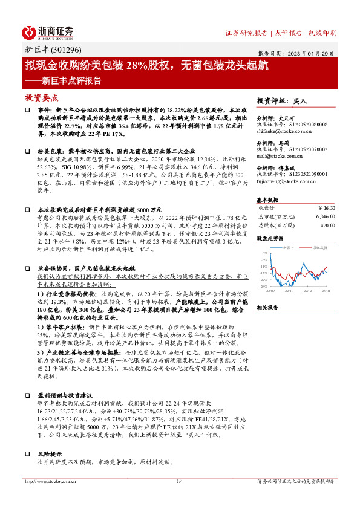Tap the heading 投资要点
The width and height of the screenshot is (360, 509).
click(41, 97)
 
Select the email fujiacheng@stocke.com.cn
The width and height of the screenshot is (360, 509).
click(283, 181)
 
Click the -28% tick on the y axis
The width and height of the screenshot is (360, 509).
click(264, 286)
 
